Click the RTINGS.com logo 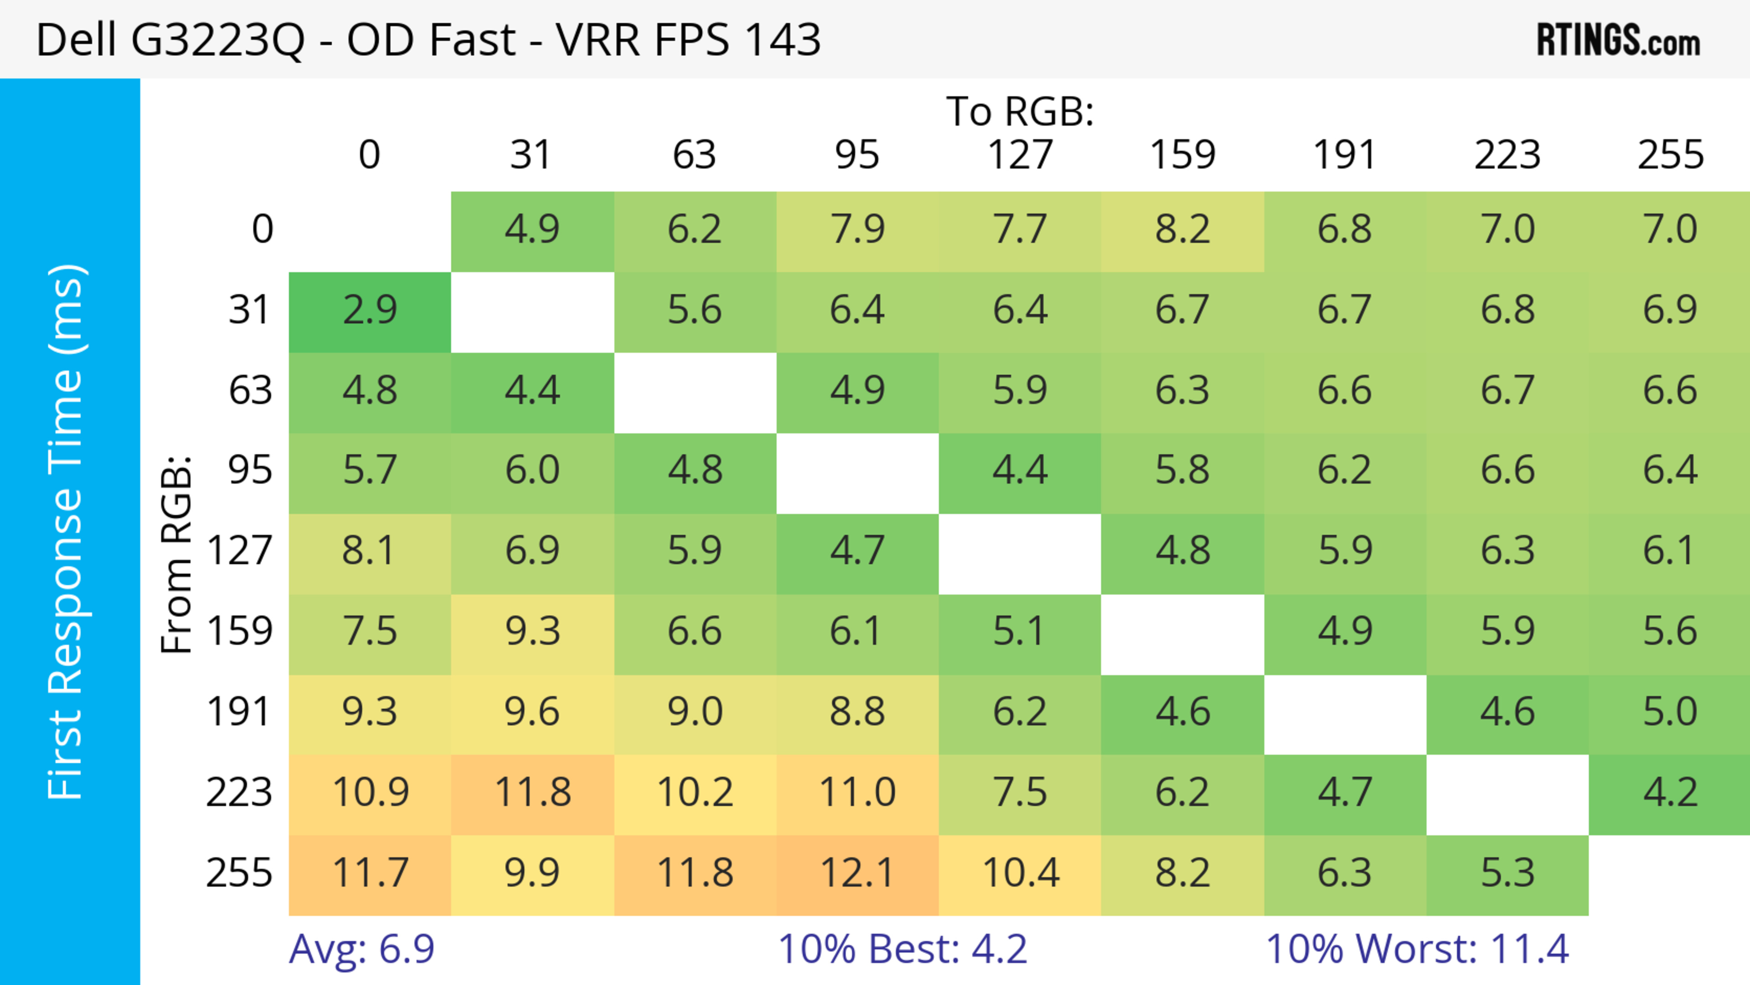pos(1618,40)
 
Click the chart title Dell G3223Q pos(428,40)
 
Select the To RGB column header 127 pos(1020,155)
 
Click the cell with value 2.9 pos(370,310)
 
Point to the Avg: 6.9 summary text pos(361,949)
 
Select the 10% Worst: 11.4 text pos(1418,949)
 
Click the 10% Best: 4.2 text pos(902,949)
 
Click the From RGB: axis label pos(177,554)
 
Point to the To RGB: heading pos(1020,111)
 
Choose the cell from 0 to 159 pos(1182,230)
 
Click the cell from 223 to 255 pos(1670,793)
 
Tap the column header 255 pos(1670,155)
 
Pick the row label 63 pos(250,391)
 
